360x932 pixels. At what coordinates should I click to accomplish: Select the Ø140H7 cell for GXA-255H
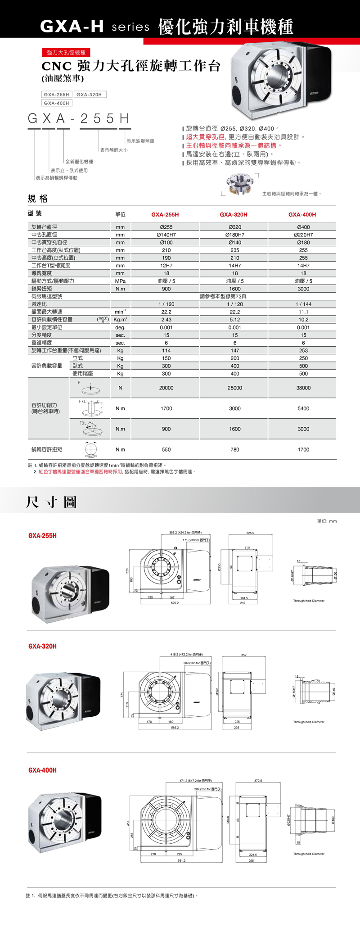pyautogui.click(x=166, y=235)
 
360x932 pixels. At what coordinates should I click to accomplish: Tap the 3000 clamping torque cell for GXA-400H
pyautogui.click(x=303, y=289)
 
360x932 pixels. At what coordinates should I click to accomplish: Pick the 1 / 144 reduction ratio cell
pyautogui.click(x=303, y=304)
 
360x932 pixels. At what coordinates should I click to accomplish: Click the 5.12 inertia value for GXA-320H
pyautogui.click(x=234, y=320)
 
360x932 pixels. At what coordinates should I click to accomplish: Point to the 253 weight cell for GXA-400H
pyautogui.click(x=303, y=350)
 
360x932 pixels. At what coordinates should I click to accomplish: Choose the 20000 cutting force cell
pyautogui.click(x=166, y=388)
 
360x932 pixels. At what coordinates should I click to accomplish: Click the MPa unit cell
pyautogui.click(x=120, y=281)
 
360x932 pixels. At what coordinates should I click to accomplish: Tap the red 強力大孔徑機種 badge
pyautogui.click(x=66, y=53)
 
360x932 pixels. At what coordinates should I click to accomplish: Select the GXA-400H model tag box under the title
pyautogui.click(x=57, y=103)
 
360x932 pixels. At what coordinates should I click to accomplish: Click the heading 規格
pyautogui.click(x=37, y=199)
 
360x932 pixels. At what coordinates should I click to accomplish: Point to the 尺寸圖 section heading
pyautogui.click(x=51, y=502)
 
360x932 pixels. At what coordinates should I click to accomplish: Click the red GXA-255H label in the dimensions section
pyautogui.click(x=42, y=536)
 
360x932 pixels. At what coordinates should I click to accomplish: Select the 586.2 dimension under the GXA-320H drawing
pyautogui.click(x=175, y=728)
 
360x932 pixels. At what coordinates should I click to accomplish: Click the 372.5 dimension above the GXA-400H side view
pyautogui.click(x=258, y=781)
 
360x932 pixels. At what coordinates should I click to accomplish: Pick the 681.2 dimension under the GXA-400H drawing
pyautogui.click(x=181, y=860)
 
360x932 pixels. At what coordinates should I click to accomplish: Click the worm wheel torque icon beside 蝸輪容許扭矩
pyautogui.click(x=90, y=450)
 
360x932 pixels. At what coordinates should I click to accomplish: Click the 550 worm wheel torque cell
pyautogui.click(x=166, y=450)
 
